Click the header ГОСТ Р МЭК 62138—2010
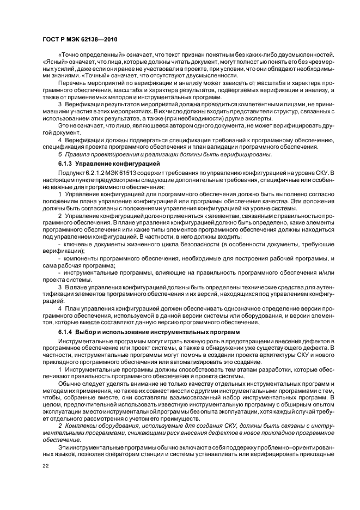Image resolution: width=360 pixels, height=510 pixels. click(78, 40)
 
